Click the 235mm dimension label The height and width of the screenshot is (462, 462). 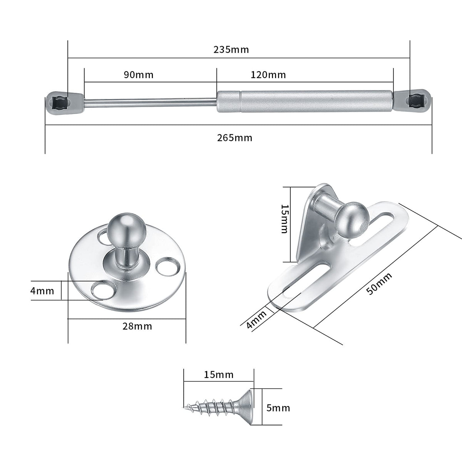coord(231,50)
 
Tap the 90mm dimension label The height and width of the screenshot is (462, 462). coord(139,75)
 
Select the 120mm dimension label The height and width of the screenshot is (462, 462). coord(268,75)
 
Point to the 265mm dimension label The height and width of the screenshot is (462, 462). coord(235,138)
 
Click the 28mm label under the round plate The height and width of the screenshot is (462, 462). coord(137,326)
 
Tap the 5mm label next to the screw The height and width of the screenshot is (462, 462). coord(278,408)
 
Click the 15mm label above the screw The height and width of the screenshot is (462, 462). coord(219,375)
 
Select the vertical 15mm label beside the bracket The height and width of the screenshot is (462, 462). coord(285,219)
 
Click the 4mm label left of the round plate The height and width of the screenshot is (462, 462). coord(42,291)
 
